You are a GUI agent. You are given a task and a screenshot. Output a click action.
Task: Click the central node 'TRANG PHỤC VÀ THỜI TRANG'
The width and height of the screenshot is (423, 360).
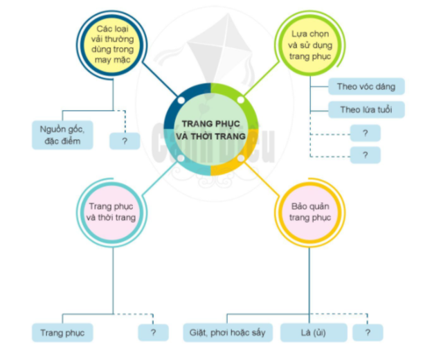pyautogui.click(x=210, y=129)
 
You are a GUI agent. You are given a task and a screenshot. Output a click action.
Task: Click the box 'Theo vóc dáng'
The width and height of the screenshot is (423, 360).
pyautogui.click(x=366, y=87)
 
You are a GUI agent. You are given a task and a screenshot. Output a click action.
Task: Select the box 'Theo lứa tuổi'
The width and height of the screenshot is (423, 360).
pyautogui.click(x=366, y=109)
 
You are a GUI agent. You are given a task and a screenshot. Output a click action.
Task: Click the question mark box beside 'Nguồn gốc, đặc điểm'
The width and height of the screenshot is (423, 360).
pyautogui.click(x=125, y=141)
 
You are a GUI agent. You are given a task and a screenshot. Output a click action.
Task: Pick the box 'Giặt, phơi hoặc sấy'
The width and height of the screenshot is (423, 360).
pyautogui.click(x=228, y=332)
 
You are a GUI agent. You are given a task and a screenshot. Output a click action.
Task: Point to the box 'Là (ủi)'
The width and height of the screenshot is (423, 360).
pyautogui.click(x=313, y=332)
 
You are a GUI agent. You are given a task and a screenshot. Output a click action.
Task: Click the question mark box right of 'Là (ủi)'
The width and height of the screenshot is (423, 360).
pyautogui.click(x=367, y=332)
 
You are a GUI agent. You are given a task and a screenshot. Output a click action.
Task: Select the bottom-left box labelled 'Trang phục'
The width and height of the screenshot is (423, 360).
pyautogui.click(x=62, y=332)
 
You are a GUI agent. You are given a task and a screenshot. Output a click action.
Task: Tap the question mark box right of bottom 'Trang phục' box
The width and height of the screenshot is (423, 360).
pyautogui.click(x=153, y=332)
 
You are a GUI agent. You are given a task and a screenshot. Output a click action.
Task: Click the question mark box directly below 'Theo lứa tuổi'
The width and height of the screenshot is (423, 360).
pyautogui.click(x=365, y=133)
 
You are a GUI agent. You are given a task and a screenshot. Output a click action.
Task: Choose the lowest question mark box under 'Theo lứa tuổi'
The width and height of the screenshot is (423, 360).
pyautogui.click(x=365, y=155)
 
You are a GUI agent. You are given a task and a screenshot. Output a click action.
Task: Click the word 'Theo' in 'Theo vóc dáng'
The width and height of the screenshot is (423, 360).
pyautogui.click(x=347, y=87)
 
